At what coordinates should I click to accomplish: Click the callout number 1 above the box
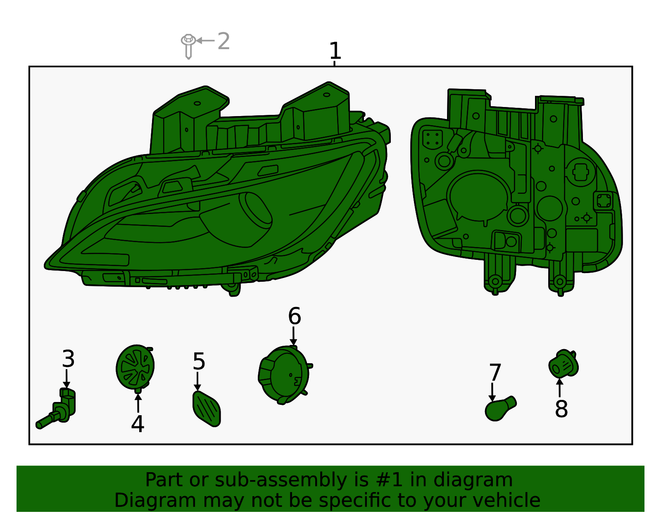click(x=335, y=51)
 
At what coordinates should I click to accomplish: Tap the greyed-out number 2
click(x=224, y=41)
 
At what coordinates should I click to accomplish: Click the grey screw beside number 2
click(x=188, y=45)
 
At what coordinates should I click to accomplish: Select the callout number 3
click(x=68, y=359)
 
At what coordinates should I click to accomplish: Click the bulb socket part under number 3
click(x=60, y=409)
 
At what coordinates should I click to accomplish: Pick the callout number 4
click(x=138, y=424)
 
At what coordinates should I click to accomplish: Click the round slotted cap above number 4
click(x=135, y=366)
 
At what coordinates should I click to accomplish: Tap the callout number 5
click(x=199, y=362)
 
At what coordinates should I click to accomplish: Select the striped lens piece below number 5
click(x=206, y=409)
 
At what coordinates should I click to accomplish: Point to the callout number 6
click(x=294, y=316)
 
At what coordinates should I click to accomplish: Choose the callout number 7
click(x=495, y=373)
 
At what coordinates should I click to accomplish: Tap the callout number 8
click(x=561, y=409)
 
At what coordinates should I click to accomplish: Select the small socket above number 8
click(x=563, y=364)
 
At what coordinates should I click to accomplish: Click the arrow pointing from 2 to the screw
click(x=205, y=40)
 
